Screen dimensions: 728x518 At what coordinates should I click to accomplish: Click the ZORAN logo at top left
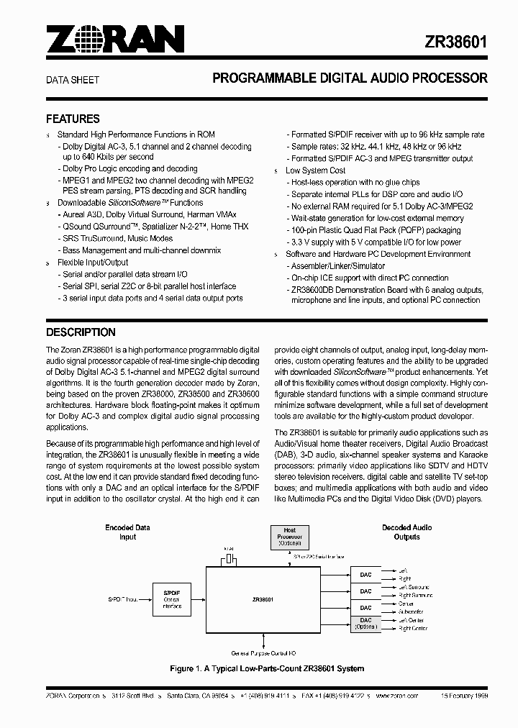click(x=115, y=40)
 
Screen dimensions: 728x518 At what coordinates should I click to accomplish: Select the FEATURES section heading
click(x=73, y=119)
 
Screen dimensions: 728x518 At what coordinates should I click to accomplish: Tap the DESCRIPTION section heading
click(x=81, y=332)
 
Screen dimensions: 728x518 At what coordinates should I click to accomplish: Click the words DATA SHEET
click(x=73, y=80)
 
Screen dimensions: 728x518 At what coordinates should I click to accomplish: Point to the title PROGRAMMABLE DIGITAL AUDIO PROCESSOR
click(x=350, y=78)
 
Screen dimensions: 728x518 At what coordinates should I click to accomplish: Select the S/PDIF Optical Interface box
click(x=171, y=599)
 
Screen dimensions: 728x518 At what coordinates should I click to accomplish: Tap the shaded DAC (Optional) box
click(x=366, y=623)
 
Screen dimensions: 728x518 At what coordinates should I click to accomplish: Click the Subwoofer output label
click(x=416, y=611)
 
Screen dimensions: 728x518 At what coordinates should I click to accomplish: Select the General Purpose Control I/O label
click(x=263, y=653)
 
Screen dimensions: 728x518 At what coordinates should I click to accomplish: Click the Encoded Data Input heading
click(x=127, y=532)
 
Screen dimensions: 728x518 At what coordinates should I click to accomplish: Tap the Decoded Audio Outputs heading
click(x=406, y=532)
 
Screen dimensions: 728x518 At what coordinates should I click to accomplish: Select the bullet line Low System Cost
click(x=315, y=170)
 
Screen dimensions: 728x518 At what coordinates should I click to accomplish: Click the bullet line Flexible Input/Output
click(x=92, y=263)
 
